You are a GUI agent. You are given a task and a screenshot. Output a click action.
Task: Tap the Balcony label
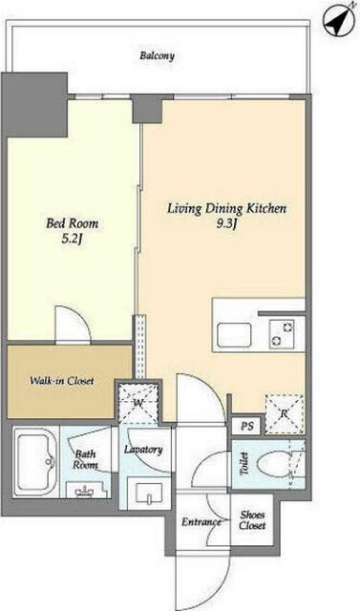pos(157,55)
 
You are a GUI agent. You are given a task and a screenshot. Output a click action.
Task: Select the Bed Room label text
pos(72,223)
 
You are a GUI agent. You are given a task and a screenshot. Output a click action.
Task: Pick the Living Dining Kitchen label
pos(226,208)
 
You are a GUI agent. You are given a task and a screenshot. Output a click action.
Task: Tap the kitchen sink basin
pos(234,335)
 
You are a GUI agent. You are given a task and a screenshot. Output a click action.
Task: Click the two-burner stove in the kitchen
pos(282,334)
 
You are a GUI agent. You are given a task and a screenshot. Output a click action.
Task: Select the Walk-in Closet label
pos(62,381)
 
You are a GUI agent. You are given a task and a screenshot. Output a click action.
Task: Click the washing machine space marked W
pos(138,404)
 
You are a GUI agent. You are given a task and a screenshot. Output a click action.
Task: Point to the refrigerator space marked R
pos(284,413)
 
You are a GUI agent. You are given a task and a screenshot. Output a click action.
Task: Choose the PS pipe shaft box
pos(247,426)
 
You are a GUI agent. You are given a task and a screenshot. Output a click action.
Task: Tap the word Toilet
pos(244,464)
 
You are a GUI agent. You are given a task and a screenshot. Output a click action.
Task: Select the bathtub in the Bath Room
pos(34,462)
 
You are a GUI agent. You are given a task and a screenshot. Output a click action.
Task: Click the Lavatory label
pos(143,450)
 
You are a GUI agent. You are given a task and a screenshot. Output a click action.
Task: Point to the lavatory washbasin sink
pos(148,495)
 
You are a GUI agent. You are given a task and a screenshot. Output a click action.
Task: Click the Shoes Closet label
pos(252,519)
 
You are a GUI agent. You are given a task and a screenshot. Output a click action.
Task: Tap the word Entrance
pos(201,522)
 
